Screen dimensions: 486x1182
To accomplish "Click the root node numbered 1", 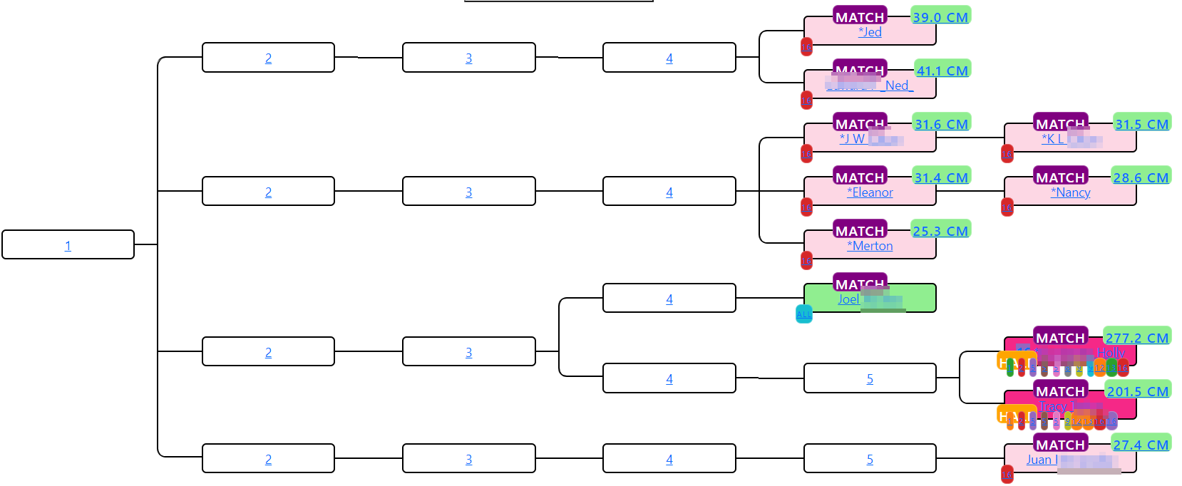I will point(68,246).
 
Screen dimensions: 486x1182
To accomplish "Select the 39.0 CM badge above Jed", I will point(940,17).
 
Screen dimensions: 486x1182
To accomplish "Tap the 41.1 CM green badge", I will point(942,71).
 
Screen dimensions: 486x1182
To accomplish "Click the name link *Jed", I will point(870,32).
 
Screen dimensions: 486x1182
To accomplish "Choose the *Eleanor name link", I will point(870,192).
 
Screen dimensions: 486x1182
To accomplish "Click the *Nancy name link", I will point(1070,192).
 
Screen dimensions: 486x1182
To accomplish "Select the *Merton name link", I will point(870,246).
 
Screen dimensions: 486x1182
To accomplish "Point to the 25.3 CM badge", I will point(940,231).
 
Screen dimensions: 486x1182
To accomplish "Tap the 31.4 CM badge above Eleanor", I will point(941,177).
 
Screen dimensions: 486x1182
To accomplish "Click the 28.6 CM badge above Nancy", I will point(1141,177).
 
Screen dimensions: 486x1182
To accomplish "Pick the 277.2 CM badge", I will point(1137,338).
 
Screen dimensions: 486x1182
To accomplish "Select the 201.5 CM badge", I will point(1138,391).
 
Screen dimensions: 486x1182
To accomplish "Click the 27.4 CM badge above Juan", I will point(1141,445).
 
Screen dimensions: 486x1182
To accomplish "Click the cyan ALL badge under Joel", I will point(803,314).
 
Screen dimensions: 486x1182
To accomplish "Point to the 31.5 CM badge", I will point(1141,124).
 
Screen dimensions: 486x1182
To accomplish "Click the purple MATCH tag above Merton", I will point(860,230).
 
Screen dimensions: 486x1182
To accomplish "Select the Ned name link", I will point(897,86).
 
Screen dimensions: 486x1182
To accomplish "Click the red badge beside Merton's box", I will point(806,261).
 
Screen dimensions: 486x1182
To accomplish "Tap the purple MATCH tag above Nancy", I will point(1060,177).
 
